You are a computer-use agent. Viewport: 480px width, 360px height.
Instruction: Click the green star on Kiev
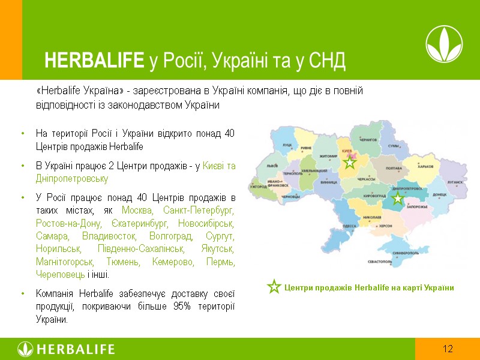pos(350,162)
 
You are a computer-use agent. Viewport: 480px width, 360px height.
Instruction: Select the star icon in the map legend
pos(274,287)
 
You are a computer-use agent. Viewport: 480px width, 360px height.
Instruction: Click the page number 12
pos(448,349)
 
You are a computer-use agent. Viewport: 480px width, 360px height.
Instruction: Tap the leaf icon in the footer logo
pos(26,349)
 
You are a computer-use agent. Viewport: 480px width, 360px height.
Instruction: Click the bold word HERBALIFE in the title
pos(94,60)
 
